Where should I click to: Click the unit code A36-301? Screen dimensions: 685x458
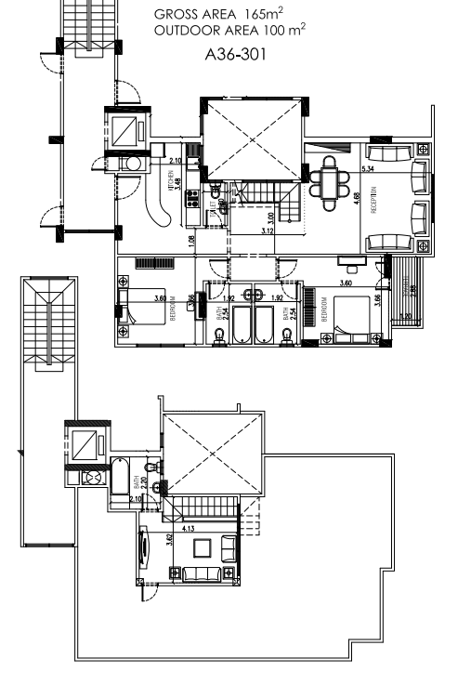[x=235, y=54]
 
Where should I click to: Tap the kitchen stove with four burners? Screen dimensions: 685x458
[x=193, y=198]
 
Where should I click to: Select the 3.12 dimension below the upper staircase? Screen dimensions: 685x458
[x=268, y=230]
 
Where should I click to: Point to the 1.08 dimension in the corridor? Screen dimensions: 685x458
[x=190, y=242]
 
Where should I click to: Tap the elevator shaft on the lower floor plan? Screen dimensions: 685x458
[x=87, y=444]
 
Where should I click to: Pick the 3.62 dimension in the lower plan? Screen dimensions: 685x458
[x=168, y=540]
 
